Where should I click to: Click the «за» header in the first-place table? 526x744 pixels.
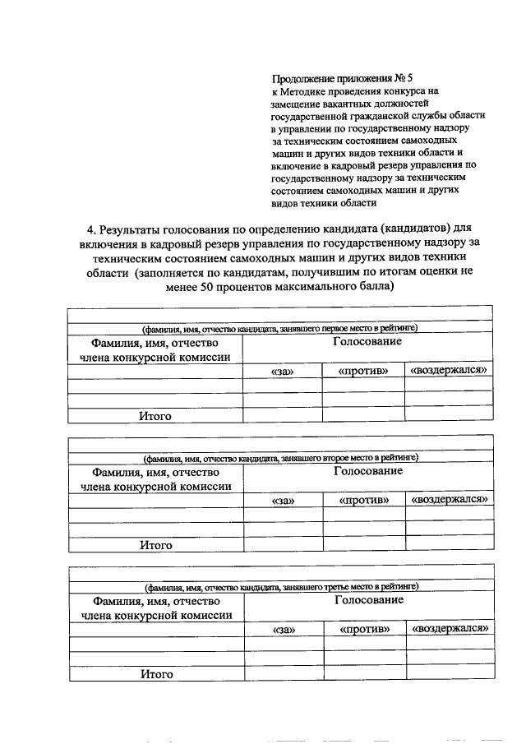282,372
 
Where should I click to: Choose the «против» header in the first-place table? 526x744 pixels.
362,372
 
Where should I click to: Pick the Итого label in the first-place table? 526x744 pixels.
155,416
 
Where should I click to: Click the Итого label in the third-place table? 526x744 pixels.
156,674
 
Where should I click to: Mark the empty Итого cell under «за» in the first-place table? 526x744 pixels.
282,416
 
